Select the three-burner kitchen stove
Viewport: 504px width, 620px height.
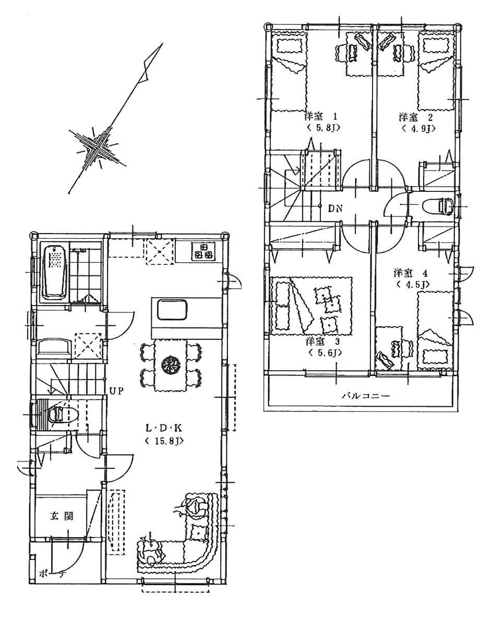tap(203, 251)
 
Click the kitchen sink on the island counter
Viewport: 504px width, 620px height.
tap(171, 310)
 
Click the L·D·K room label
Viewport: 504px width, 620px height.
tap(163, 428)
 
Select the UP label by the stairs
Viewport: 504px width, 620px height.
tap(116, 390)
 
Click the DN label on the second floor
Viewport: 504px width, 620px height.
tap(335, 209)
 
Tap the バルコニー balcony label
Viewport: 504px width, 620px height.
tap(365, 395)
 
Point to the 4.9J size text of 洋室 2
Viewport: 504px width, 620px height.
tap(418, 128)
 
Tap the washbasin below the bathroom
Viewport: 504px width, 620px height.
tap(54, 346)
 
